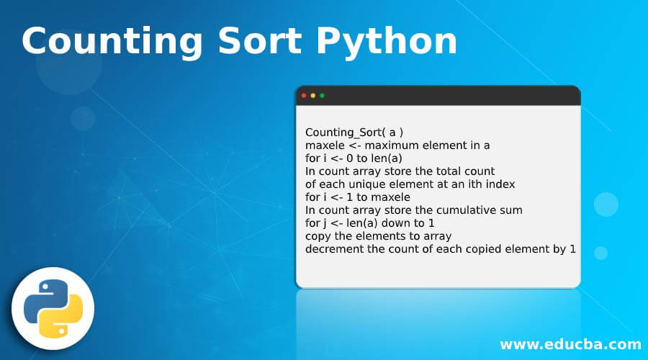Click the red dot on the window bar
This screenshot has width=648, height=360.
[304, 96]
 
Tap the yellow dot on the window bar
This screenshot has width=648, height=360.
[313, 96]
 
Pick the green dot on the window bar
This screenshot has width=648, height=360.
[322, 96]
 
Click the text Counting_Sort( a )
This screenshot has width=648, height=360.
[354, 132]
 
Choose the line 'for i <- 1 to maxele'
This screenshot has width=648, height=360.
[358, 197]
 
